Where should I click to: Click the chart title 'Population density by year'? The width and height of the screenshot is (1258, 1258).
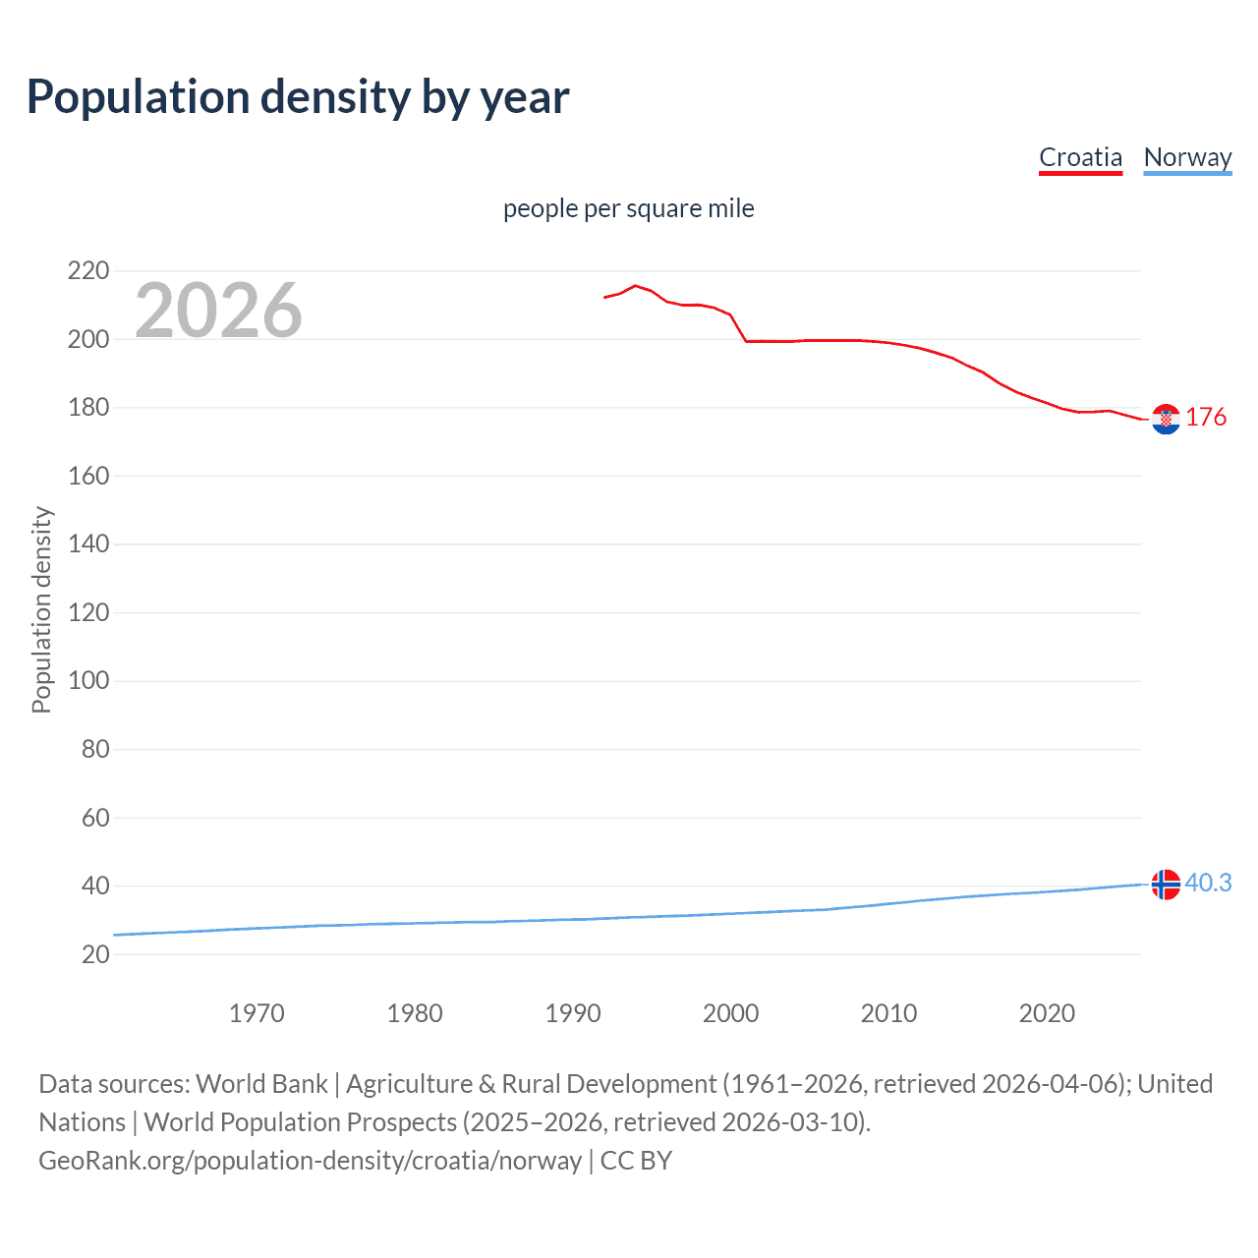tap(298, 97)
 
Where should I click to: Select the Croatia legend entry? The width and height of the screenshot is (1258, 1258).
tap(1080, 157)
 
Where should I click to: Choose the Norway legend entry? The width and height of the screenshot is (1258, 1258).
tap(1187, 157)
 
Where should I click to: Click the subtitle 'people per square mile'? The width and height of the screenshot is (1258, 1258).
tap(628, 208)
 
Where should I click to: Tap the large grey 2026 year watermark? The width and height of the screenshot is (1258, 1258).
tap(218, 311)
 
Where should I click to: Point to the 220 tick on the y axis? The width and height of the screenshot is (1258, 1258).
tap(88, 270)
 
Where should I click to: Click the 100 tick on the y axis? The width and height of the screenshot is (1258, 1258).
tap(88, 680)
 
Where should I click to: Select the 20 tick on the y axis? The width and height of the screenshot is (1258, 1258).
tap(95, 954)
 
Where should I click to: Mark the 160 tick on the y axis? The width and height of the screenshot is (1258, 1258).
tap(88, 476)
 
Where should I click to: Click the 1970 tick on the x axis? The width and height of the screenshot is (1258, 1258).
tap(257, 1013)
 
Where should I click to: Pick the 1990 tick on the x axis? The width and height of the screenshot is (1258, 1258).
tap(573, 1013)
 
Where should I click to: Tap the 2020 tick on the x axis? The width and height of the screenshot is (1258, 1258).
tap(1047, 1013)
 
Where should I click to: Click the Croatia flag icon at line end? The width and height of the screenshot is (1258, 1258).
tap(1166, 419)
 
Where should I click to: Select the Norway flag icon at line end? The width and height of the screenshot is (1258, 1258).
tap(1166, 885)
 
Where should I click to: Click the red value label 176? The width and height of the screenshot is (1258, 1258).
tap(1206, 418)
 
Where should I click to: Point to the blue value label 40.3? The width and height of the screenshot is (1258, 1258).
tap(1208, 884)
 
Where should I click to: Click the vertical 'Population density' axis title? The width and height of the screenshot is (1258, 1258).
tap(41, 609)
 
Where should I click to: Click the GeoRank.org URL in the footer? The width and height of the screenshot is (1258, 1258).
tap(310, 1161)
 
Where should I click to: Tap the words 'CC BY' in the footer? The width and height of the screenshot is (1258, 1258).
tap(636, 1161)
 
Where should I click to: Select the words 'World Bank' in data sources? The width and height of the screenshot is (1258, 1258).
tap(261, 1084)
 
